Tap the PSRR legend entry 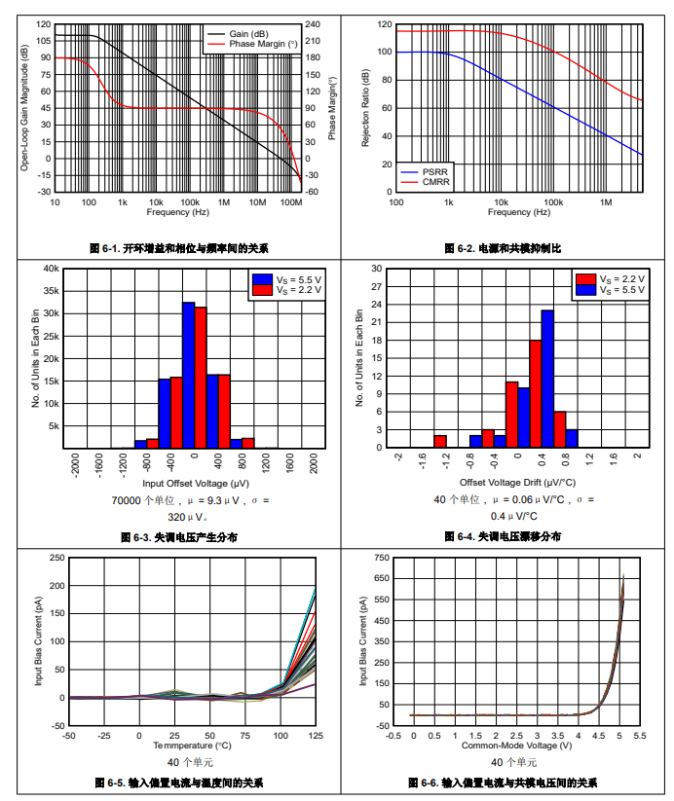point(433,172)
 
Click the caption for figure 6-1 point(179,249)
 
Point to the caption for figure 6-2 point(503,249)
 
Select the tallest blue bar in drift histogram point(547,379)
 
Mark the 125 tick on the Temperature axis point(316,736)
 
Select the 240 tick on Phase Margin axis point(313,23)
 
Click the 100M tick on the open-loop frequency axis point(290,201)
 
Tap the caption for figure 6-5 point(179,783)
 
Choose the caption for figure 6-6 point(503,783)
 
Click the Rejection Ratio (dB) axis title point(366,108)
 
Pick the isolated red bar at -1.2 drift point(440,441)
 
